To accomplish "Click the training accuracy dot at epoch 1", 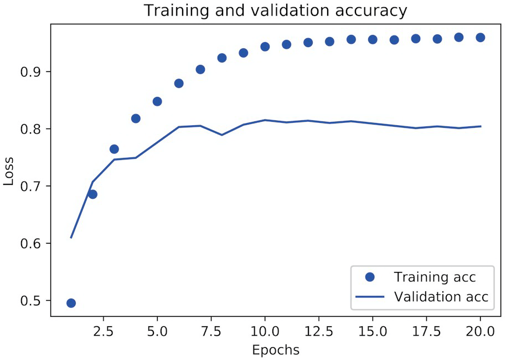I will [71, 303].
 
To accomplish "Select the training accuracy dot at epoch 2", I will [92, 194].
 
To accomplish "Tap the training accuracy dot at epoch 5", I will [157, 101].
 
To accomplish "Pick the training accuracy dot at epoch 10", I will [265, 47].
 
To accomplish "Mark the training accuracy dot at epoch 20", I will [480, 38].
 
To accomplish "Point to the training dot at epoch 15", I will [373, 39].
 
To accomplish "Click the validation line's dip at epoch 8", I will [221, 135].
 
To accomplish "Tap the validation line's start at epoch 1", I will [71, 238].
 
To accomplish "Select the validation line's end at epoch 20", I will [480, 126].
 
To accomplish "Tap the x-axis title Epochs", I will [275, 350].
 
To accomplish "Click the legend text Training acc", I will [435, 276].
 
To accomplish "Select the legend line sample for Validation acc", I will [369, 297].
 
